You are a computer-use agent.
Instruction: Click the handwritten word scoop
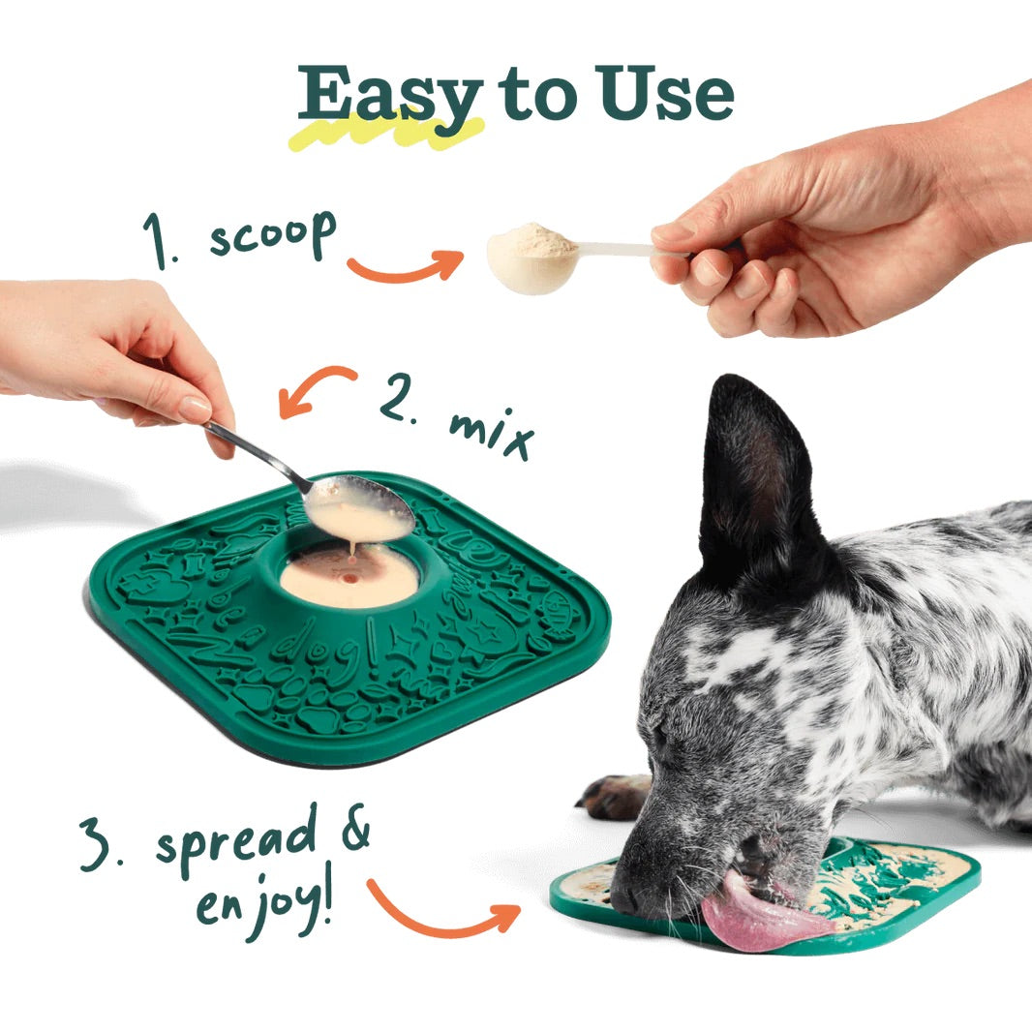pos(272,234)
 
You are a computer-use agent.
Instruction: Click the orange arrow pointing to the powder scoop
pos(406,266)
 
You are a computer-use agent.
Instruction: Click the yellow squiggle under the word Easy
pos(387,133)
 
